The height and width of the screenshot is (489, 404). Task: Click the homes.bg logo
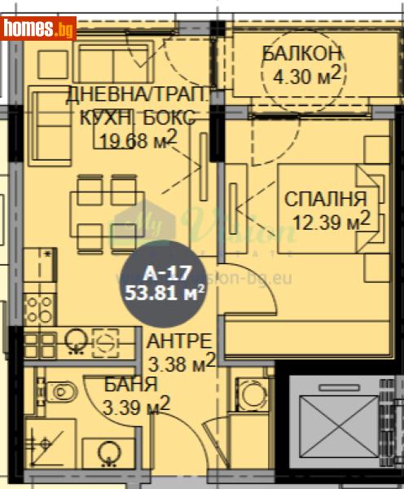39,29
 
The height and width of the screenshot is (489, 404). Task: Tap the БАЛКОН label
301,55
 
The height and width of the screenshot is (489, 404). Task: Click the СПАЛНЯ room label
325,198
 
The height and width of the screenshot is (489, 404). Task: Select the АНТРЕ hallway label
179,341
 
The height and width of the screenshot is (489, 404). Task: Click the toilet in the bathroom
61,392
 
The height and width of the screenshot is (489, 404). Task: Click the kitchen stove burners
38,308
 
